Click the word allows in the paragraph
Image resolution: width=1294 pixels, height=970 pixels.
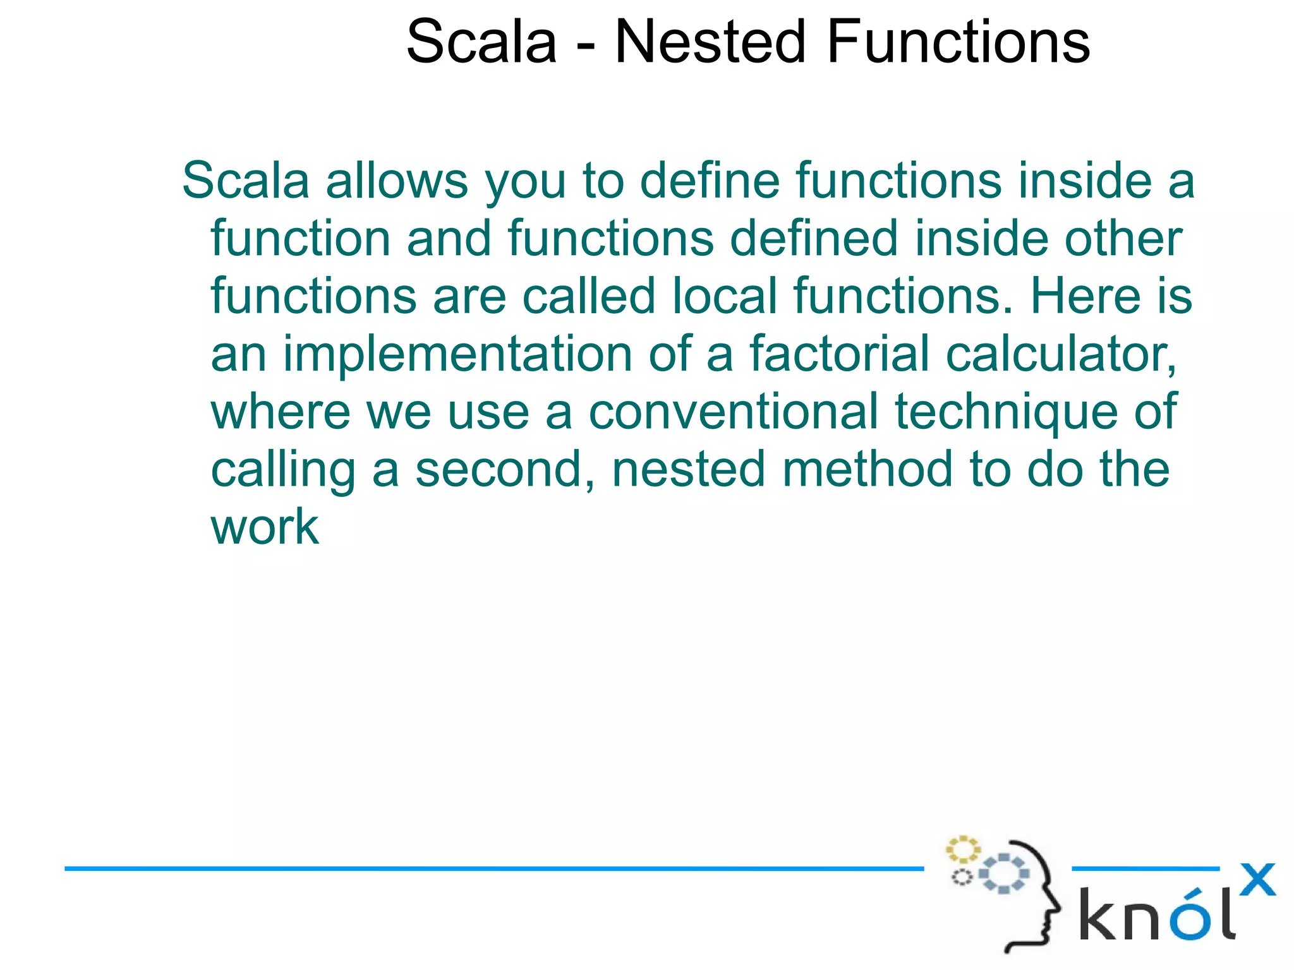pyautogui.click(x=396, y=181)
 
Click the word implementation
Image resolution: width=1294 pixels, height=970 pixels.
pyautogui.click(x=457, y=355)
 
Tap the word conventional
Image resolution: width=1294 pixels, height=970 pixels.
pyautogui.click(x=733, y=412)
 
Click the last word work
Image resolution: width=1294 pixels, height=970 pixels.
pyautogui.click(x=264, y=527)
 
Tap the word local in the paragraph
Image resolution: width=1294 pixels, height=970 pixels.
pyautogui.click(x=723, y=296)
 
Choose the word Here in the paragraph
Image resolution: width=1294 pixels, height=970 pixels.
pyautogui.click(x=1085, y=296)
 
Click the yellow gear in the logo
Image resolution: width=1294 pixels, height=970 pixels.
pyautogui.click(x=962, y=850)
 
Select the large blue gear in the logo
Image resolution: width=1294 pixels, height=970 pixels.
pyautogui.click(x=1004, y=873)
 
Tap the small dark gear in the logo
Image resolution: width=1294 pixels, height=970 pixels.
pyautogui.click(x=962, y=877)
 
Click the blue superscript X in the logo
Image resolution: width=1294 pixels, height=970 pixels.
pyautogui.click(x=1257, y=880)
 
